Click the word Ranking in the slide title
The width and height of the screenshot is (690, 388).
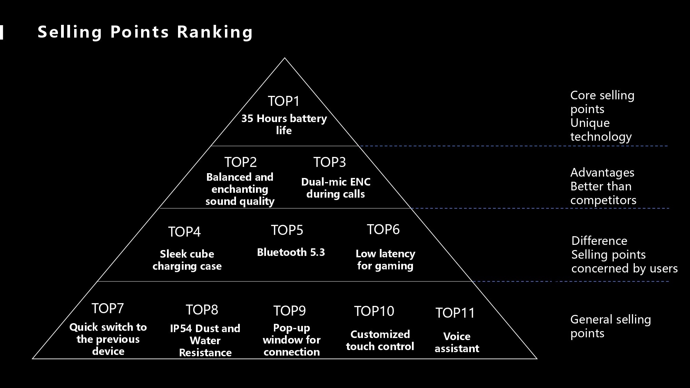coord(215,32)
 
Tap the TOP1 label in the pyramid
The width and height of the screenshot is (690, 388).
coord(284,101)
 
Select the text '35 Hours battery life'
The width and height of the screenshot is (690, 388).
coord(284,124)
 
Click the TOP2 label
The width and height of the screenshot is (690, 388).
coord(240,162)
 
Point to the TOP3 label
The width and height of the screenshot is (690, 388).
coord(329,162)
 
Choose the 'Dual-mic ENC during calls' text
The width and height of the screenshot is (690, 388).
coord(336,188)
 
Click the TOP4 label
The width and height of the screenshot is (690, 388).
coord(184,232)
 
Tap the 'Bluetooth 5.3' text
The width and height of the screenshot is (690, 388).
coord(291,252)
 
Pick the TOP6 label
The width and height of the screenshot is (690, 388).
coord(383,229)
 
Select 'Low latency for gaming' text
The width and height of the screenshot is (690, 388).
coord(385,260)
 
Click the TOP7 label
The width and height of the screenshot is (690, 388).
coord(108,308)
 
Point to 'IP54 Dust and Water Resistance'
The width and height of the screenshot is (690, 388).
coord(205,340)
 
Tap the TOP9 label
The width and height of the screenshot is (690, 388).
coord(289,311)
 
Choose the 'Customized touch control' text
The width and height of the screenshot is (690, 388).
coord(380,340)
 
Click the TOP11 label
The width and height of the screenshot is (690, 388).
coord(455,313)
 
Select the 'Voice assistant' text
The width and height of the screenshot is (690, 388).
coord(457,342)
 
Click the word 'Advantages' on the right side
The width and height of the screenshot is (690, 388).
coord(602,172)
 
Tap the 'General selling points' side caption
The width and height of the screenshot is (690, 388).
coord(611,326)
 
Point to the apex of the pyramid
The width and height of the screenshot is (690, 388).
coord(285,58)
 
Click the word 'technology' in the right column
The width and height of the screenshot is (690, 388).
coord(601,137)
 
